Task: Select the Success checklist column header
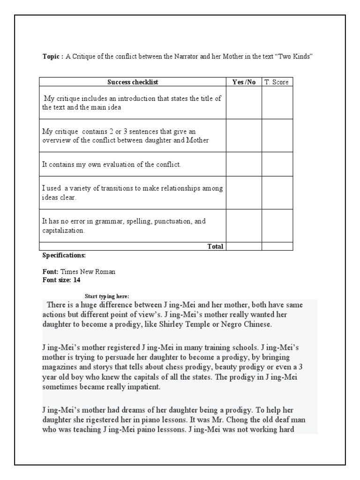tap(133, 82)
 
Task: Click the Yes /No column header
tap(244, 82)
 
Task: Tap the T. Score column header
tap(277, 82)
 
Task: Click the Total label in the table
tap(215, 246)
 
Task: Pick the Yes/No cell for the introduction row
tap(244, 103)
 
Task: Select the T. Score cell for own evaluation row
tap(277, 165)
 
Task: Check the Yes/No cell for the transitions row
tap(244, 193)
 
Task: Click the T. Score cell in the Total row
tap(277, 246)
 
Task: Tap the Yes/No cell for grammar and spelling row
tap(244, 225)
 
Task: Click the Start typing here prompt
tap(106, 296)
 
